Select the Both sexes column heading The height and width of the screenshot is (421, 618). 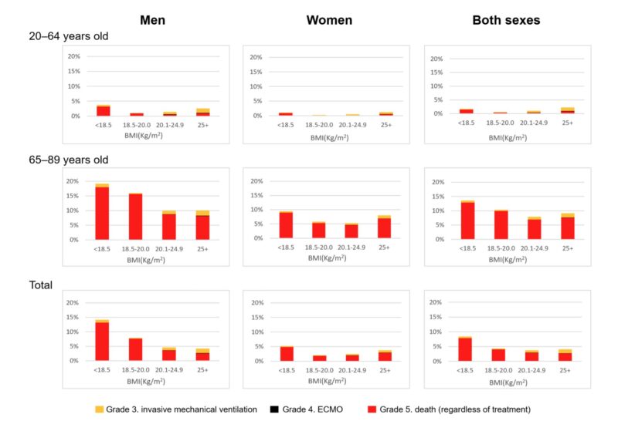(507, 20)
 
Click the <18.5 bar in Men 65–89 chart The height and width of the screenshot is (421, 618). (103, 213)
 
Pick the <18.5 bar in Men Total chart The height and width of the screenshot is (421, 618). (103, 340)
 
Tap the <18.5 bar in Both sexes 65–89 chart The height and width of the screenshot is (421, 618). (466, 221)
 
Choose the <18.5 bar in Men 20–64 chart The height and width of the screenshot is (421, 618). (103, 111)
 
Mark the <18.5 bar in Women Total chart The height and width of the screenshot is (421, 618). (287, 353)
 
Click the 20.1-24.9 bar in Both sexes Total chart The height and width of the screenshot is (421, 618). (532, 355)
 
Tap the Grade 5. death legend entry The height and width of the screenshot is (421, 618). (450, 409)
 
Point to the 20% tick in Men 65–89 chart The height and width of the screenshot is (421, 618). (73, 181)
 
